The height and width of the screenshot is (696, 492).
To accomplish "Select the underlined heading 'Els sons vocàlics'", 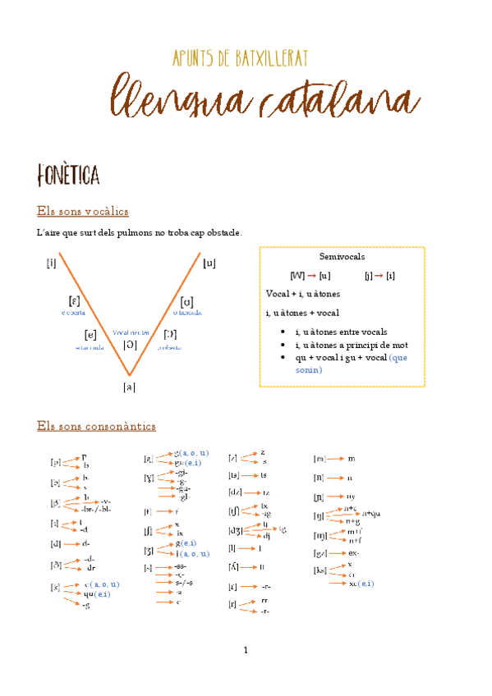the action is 82,212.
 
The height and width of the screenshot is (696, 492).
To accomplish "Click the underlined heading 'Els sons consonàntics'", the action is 97,426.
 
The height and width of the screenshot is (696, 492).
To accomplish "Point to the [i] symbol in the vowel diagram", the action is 52,263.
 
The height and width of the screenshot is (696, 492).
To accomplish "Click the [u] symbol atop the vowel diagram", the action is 209,263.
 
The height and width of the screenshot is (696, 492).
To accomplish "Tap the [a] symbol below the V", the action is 129,387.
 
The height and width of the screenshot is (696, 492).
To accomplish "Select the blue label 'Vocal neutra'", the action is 131,332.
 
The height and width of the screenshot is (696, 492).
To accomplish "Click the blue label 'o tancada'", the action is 188,313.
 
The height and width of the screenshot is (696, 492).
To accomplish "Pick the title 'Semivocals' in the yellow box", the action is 342,257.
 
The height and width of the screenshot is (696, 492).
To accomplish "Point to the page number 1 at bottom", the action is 245,651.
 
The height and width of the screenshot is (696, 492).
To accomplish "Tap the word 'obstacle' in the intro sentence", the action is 223,233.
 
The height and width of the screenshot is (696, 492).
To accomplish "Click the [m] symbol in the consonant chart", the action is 320,459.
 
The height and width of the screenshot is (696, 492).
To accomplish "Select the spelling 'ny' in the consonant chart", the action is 351,497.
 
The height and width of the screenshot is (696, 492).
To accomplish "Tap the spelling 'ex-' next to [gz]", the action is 354,553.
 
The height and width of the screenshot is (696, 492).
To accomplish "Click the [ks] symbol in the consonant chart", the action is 320,570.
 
